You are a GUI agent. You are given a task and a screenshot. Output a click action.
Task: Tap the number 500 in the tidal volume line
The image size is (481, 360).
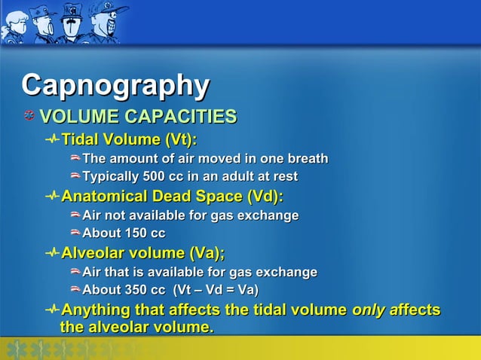pos(163,177)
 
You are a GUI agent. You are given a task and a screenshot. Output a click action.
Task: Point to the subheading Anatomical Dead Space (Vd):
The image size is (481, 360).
pos(172,197)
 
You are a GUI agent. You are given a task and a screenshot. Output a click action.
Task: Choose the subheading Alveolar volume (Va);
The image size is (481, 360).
pos(143,252)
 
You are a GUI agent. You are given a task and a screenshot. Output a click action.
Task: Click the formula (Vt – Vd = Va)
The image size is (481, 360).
pos(216,290)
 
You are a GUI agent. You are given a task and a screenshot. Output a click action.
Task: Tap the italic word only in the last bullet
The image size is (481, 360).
pos(369,310)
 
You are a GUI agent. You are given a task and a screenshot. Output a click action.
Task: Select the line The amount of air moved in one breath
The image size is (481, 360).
pos(205,159)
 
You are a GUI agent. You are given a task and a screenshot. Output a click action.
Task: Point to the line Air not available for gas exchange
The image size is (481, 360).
pos(190,215)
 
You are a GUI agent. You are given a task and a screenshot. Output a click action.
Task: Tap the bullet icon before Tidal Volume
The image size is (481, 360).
pos(52,140)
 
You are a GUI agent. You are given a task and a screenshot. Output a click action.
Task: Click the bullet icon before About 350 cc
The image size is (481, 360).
pos(75,290)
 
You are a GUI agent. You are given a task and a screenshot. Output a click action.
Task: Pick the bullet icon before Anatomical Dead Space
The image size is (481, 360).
pos(52,197)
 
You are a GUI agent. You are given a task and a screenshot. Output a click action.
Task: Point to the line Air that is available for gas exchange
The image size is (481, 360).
pos(199,272)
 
